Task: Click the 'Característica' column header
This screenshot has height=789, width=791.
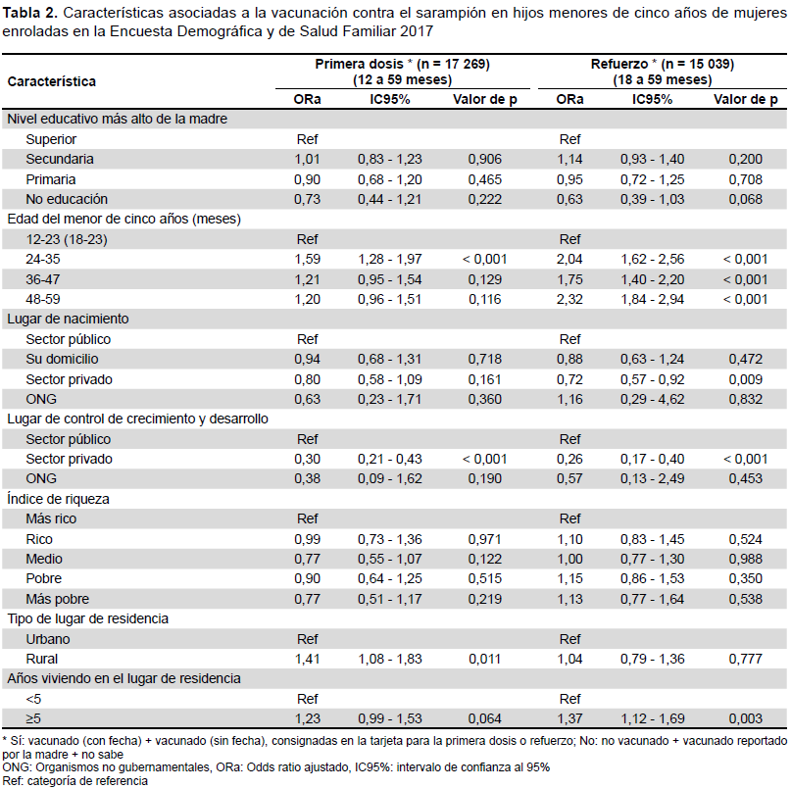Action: point(51,81)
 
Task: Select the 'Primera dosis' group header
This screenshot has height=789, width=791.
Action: point(402,72)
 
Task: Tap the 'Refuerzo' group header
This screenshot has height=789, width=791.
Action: point(663,72)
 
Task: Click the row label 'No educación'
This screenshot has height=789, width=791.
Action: point(67,199)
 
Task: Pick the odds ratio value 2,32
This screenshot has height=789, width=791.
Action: point(569,299)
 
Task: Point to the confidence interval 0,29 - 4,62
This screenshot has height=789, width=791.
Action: point(652,399)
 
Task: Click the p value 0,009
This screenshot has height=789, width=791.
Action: point(745,379)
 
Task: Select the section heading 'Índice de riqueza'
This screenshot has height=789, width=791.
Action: point(58,499)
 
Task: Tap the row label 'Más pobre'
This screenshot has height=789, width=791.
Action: point(58,599)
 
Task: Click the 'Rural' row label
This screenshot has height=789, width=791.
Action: point(42,659)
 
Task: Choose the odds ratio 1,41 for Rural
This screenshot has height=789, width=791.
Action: point(307,659)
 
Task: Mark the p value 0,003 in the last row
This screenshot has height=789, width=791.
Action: point(745,718)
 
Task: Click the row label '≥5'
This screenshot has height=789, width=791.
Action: point(33,718)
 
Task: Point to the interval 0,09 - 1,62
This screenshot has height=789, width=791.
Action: point(390,478)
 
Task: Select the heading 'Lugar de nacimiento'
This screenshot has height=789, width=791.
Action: point(68,319)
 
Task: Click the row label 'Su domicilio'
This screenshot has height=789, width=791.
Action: point(62,359)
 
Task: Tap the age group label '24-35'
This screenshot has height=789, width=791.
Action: point(43,260)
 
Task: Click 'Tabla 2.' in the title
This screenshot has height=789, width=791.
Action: point(29,13)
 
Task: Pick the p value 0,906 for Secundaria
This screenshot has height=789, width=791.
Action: point(485,160)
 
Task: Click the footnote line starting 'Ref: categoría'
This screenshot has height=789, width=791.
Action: point(75,781)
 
